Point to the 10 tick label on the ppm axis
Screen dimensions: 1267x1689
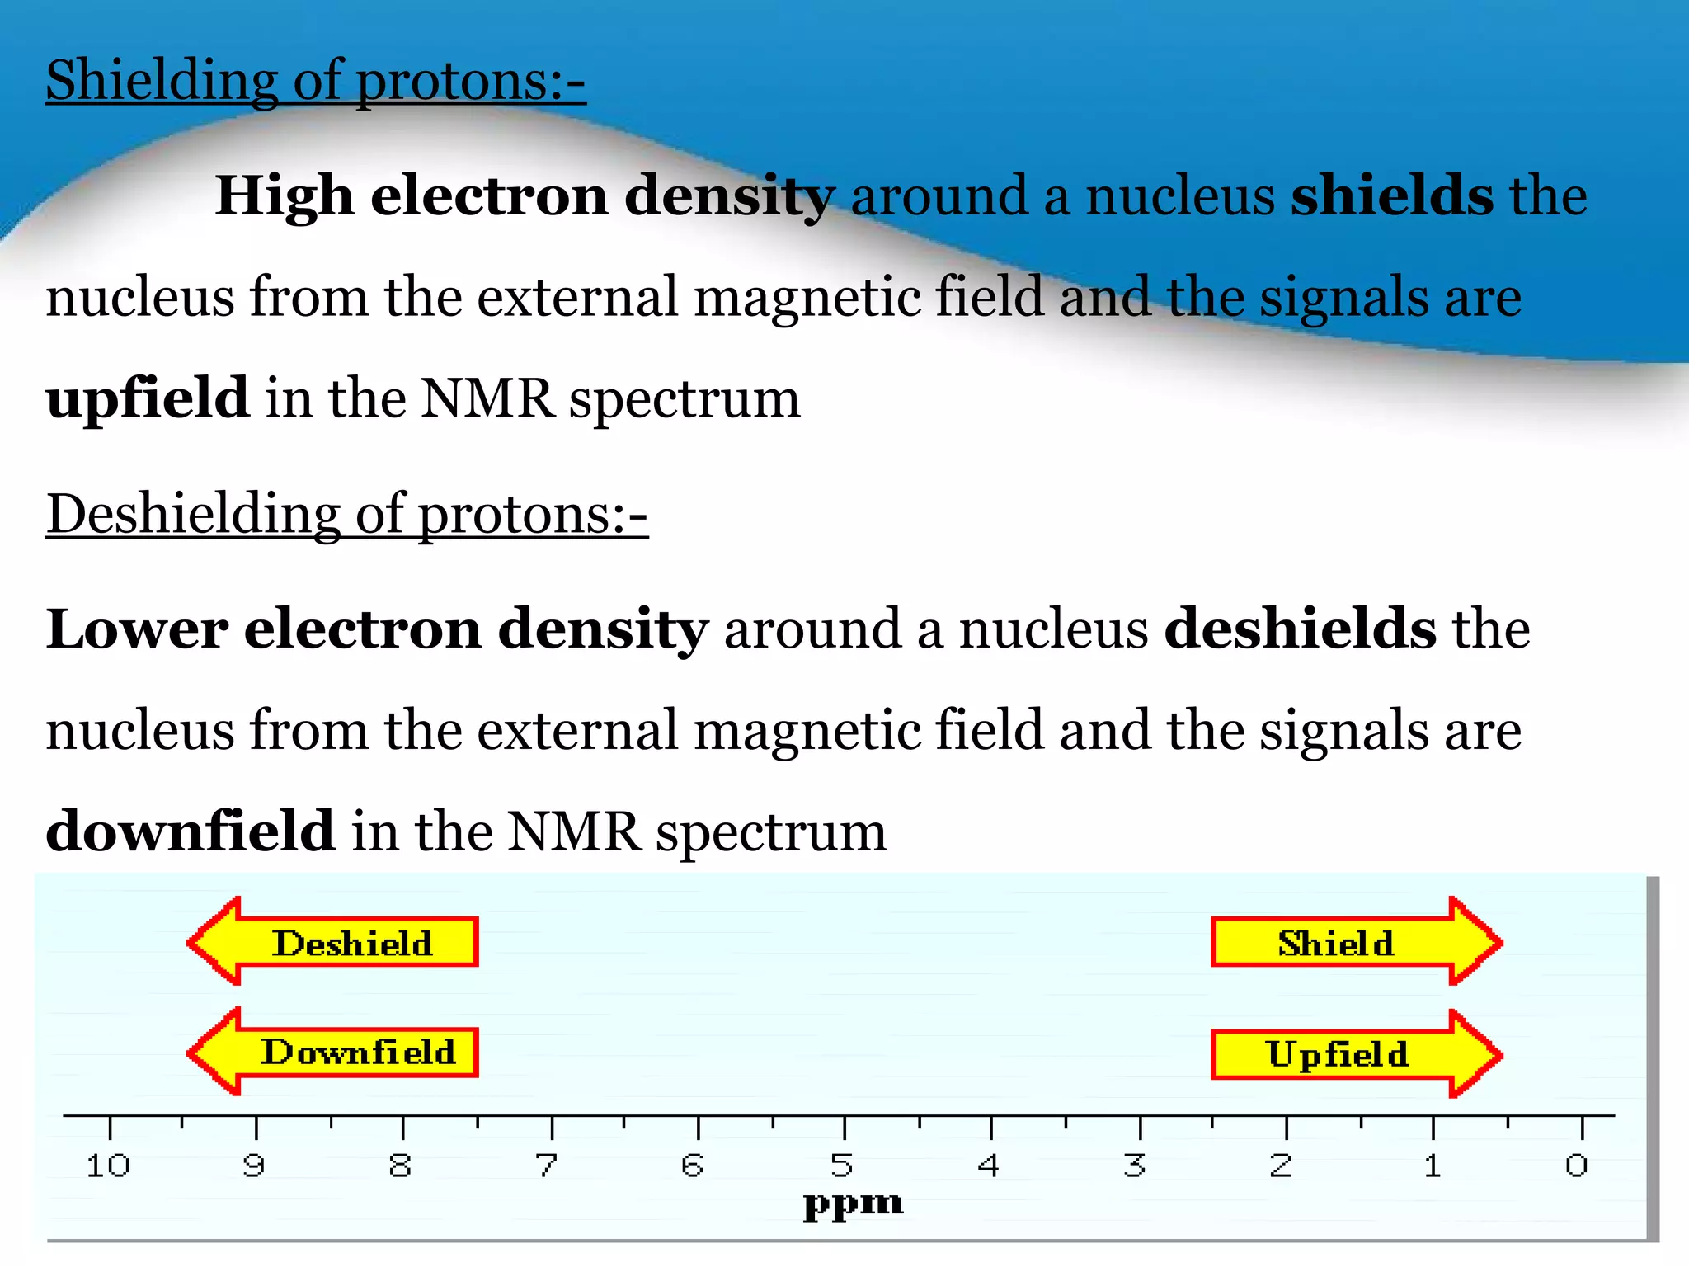click(108, 1166)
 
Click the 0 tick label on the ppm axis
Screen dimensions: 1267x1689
click(1577, 1166)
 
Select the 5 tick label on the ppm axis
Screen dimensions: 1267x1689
click(841, 1166)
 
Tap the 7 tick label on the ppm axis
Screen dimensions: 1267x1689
click(547, 1166)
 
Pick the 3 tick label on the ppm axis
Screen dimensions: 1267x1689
click(1135, 1166)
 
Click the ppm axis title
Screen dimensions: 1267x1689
click(854, 1204)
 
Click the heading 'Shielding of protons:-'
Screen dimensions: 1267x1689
click(316, 81)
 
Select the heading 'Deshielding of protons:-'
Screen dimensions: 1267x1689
click(347, 515)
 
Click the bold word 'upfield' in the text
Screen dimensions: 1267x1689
click(148, 398)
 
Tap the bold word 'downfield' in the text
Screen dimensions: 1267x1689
click(191, 831)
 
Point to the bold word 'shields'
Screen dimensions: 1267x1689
click(1392, 196)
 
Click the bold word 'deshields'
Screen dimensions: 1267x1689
click(1301, 629)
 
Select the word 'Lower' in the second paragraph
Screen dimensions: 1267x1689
click(137, 629)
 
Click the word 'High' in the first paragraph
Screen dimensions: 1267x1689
click(285, 196)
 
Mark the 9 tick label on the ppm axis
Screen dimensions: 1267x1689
click(254, 1166)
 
